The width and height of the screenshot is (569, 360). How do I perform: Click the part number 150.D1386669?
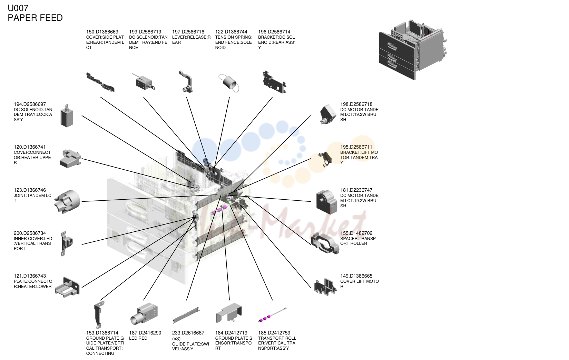click(x=102, y=32)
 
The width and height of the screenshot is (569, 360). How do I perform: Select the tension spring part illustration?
click(x=229, y=83)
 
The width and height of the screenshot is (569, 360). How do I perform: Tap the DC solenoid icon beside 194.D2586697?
click(x=67, y=116)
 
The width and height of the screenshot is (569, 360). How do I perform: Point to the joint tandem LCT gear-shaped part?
click(x=67, y=202)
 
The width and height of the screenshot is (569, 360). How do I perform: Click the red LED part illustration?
click(x=144, y=313)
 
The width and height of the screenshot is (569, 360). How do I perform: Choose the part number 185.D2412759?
click(x=274, y=333)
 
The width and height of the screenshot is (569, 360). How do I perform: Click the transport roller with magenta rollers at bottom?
click(x=273, y=315)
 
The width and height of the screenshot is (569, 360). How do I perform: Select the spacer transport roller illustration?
click(x=325, y=243)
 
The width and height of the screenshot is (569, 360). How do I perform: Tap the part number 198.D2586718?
click(x=356, y=104)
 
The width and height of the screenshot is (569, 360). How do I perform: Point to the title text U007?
click(x=18, y=8)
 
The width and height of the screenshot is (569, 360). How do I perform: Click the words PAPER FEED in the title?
click(x=35, y=18)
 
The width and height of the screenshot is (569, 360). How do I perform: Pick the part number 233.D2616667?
click(x=188, y=333)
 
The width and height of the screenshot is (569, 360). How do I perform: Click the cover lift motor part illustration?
click(x=325, y=287)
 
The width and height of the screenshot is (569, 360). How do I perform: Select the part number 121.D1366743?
click(x=30, y=276)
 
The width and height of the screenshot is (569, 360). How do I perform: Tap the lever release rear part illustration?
click(x=186, y=82)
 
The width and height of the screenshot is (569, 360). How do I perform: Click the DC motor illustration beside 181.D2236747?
click(x=327, y=202)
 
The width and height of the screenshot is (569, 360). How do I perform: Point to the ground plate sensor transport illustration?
click(x=229, y=312)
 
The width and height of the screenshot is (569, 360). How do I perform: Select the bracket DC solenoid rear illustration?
click(x=274, y=82)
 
